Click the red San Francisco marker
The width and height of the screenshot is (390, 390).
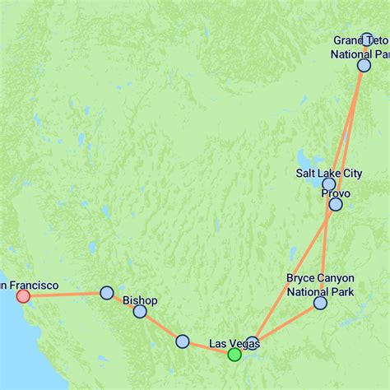[x=23, y=295]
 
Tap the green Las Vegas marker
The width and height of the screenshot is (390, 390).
[x=234, y=355]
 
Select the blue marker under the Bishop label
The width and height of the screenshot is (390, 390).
[x=140, y=311]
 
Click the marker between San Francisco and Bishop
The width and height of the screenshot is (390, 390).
[x=106, y=293]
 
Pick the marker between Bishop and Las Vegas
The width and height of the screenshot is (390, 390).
[x=183, y=341]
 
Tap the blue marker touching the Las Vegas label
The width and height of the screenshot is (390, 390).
[x=252, y=342]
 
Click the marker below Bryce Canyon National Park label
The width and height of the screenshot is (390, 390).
[x=320, y=304]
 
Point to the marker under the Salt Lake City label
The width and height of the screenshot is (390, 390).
[x=328, y=183]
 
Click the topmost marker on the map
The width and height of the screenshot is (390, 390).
[x=367, y=39]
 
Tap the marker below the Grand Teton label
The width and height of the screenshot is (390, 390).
[x=364, y=65]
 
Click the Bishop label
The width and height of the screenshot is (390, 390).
[x=139, y=300]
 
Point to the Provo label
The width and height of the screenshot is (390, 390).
[x=336, y=193]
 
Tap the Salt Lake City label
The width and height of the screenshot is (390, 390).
[x=328, y=173]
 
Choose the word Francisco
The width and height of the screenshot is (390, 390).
[x=34, y=285]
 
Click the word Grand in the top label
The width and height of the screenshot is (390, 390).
[x=347, y=40]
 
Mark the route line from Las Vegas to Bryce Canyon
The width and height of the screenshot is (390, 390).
[x=287, y=322]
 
